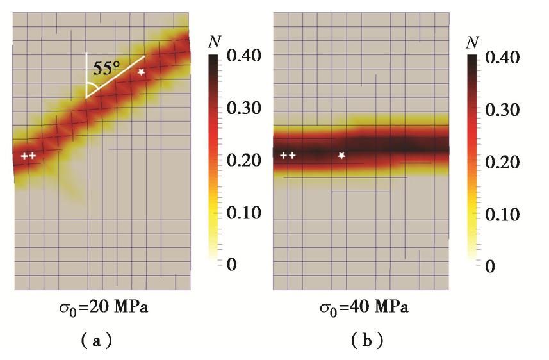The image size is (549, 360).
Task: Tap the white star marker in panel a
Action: pyautogui.click(x=142, y=72)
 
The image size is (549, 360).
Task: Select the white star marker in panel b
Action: pyautogui.click(x=341, y=155)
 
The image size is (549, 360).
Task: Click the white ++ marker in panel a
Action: pyautogui.click(x=28, y=156)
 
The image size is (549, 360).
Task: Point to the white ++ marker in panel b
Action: pyautogui.click(x=288, y=155)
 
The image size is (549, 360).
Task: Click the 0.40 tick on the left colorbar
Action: pyautogui.click(x=243, y=56)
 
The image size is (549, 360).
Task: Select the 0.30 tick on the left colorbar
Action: pyautogui.click(x=243, y=109)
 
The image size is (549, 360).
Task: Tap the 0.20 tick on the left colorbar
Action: pyautogui.click(x=243, y=160)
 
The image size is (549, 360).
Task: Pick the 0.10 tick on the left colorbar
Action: pyautogui.click(x=243, y=213)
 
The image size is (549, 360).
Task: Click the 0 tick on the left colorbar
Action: pyautogui.click(x=231, y=265)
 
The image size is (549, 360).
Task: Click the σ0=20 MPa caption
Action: pyautogui.click(x=103, y=309)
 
